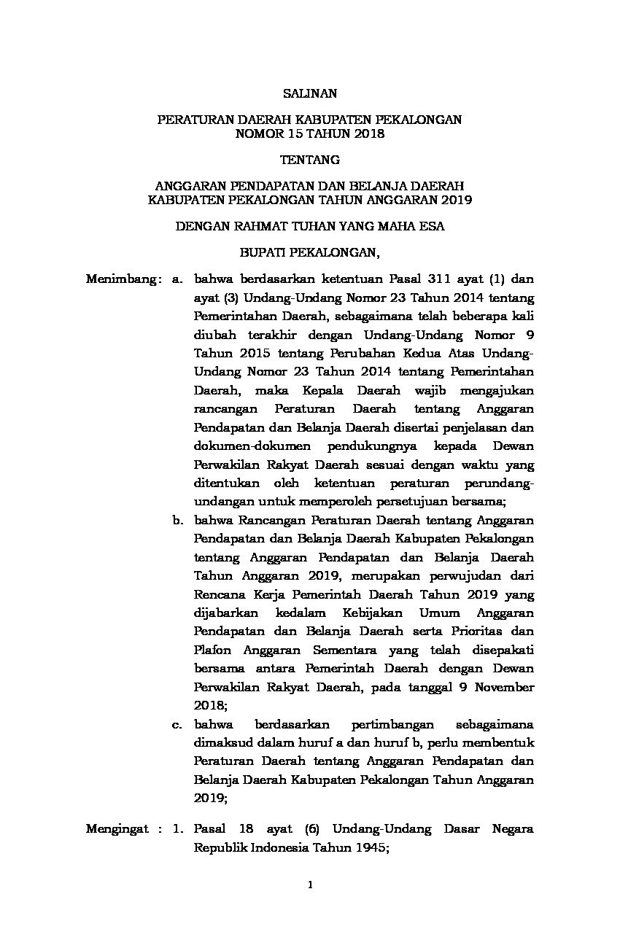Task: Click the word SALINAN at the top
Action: [309, 93]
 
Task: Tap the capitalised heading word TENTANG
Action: [309, 159]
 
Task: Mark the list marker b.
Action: [177, 521]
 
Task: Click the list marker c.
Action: [177, 724]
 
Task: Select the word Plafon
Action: [211, 649]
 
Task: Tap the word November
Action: [504, 687]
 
